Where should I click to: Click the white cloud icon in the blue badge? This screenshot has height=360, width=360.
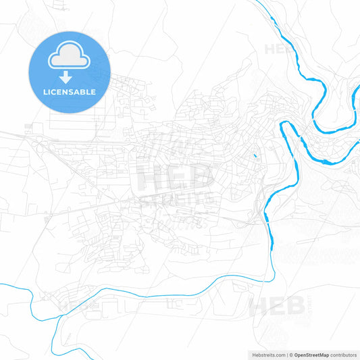click(x=70, y=59)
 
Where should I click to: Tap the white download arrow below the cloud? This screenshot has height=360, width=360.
click(x=70, y=78)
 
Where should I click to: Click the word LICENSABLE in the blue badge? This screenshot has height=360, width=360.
click(x=70, y=92)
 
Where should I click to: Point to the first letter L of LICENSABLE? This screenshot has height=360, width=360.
click(x=45, y=92)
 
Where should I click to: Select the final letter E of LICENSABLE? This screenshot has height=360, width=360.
click(x=94, y=92)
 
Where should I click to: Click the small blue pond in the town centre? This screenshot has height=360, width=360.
click(x=255, y=157)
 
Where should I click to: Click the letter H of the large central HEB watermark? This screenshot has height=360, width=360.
click(x=151, y=179)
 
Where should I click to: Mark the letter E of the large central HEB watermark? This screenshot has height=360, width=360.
click(x=175, y=178)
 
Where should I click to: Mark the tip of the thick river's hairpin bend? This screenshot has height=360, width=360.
click(x=282, y=126)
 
